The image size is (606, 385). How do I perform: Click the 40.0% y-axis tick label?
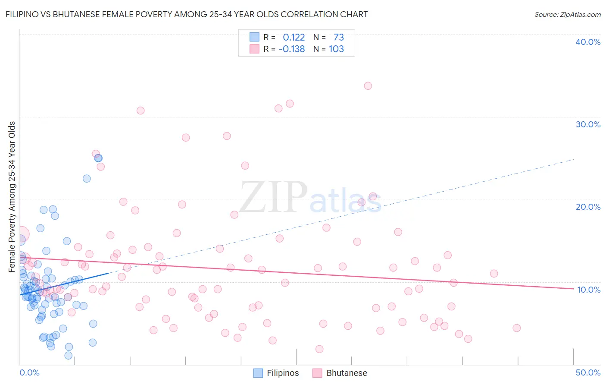pos(588,42)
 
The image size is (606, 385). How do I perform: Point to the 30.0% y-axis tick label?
pos(588,124)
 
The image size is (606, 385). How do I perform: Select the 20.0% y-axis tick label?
pos(588,207)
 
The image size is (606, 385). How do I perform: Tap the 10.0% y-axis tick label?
pos(589,289)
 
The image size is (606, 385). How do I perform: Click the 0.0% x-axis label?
pos(29,372)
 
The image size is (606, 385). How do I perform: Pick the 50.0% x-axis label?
pos(588,372)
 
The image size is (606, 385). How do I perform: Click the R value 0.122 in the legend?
pos(294,38)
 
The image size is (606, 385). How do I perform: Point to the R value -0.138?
pos(292,49)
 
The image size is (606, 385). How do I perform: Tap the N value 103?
pos(336,49)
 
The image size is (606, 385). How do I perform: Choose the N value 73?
pos(338,38)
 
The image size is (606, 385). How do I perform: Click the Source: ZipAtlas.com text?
pos(567,14)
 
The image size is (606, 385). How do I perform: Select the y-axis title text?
pos(12,197)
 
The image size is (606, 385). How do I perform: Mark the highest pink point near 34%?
pos(368,86)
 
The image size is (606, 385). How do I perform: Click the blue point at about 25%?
pos(98,158)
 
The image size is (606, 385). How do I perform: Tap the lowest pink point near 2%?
pos(319,349)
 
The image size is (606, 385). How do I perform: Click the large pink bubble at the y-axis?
pos(21,234)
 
